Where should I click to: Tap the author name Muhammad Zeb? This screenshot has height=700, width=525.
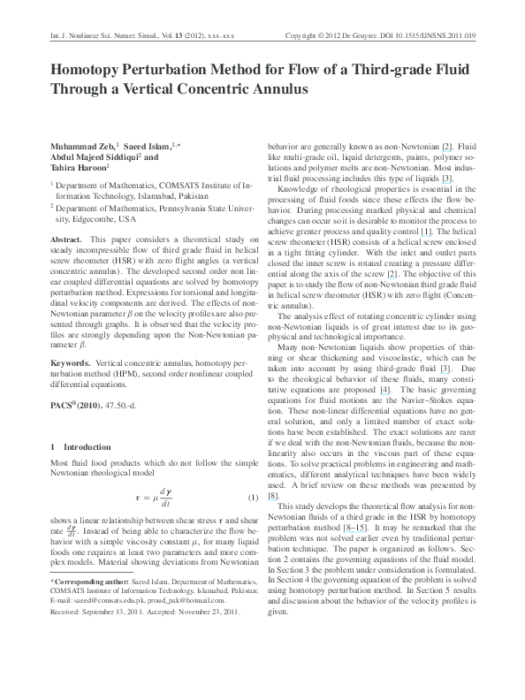point(78,146)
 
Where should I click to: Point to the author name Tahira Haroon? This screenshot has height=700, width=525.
point(77,169)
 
